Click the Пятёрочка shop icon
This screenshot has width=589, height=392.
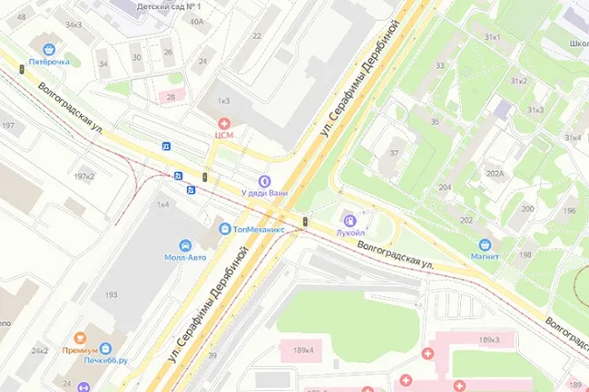[48, 49]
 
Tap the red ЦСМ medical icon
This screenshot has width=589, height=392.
[224, 122]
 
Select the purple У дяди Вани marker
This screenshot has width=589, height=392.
[264, 180]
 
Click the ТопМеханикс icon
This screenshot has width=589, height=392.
[224, 228]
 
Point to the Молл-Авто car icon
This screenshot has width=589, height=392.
[186, 246]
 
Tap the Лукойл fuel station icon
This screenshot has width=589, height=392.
[349, 219]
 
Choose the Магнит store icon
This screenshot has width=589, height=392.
[484, 245]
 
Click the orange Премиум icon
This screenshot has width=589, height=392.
[79, 339]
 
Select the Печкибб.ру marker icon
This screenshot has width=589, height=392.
[106, 350]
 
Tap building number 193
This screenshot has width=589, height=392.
[111, 294]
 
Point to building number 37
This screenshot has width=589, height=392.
[394, 152]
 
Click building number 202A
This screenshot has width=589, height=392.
[495, 173]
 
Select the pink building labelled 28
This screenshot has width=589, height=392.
[170, 97]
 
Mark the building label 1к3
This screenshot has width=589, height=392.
[224, 98]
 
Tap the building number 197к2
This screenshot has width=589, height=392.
[84, 176]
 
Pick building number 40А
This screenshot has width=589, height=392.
[196, 20]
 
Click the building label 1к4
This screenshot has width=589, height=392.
[163, 204]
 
